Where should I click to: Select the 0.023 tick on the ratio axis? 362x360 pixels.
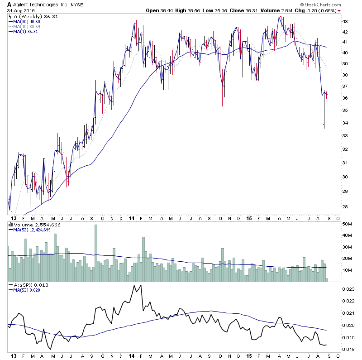click(347, 289)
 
